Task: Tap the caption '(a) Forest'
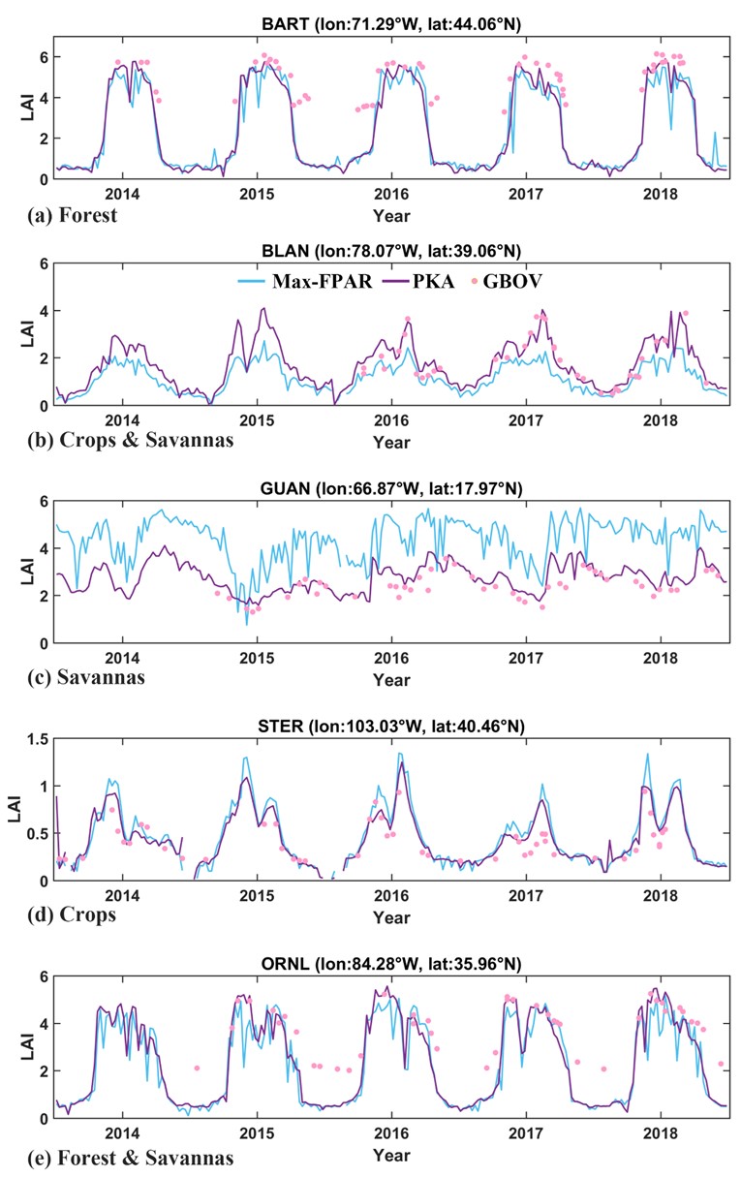coord(72,215)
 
